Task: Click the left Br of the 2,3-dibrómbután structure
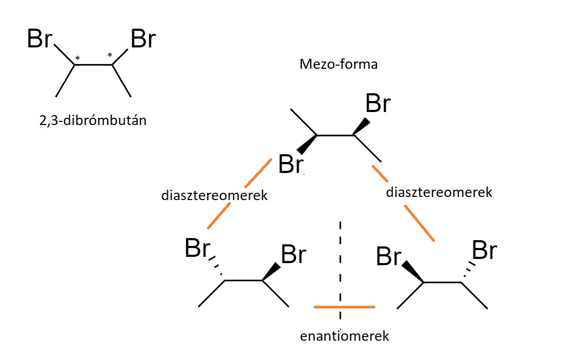pos(40,39)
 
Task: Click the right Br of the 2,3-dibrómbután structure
pos(143,39)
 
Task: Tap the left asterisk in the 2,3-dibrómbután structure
pos(77,58)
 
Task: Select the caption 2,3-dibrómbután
pos(93,120)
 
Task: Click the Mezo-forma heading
pos(338,65)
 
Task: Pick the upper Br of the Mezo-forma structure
pos(378,103)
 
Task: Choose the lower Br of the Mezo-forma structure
pos(291,164)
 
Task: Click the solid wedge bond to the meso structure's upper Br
pos(362,127)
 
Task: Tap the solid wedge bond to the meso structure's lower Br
pos(307,144)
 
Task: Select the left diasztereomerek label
pos(214,195)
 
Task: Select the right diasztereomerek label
pos(439,192)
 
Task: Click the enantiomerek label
pos(344,336)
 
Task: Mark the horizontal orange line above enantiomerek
pos(345,307)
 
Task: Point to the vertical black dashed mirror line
pos(340,270)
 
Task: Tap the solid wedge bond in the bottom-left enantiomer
pos(272,272)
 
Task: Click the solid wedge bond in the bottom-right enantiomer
pos(413,271)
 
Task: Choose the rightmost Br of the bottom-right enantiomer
pos(484,250)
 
